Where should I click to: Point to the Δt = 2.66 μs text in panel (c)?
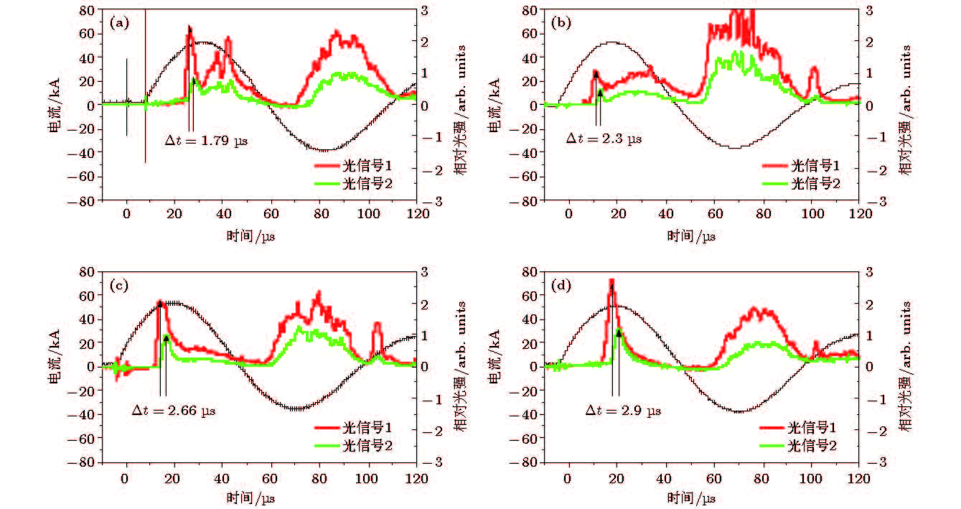click(x=174, y=411)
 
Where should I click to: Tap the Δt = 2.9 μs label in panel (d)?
click(x=623, y=411)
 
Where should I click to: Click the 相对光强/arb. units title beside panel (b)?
click(x=906, y=108)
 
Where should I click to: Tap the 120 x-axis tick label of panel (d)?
click(x=858, y=477)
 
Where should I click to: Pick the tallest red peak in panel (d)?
click(x=611, y=281)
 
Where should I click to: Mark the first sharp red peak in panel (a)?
click(x=189, y=28)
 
